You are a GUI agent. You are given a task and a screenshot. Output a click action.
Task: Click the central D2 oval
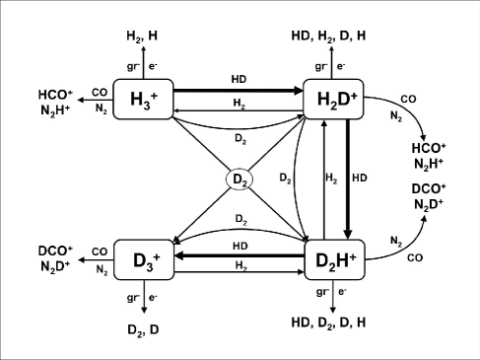tap(240, 180)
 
